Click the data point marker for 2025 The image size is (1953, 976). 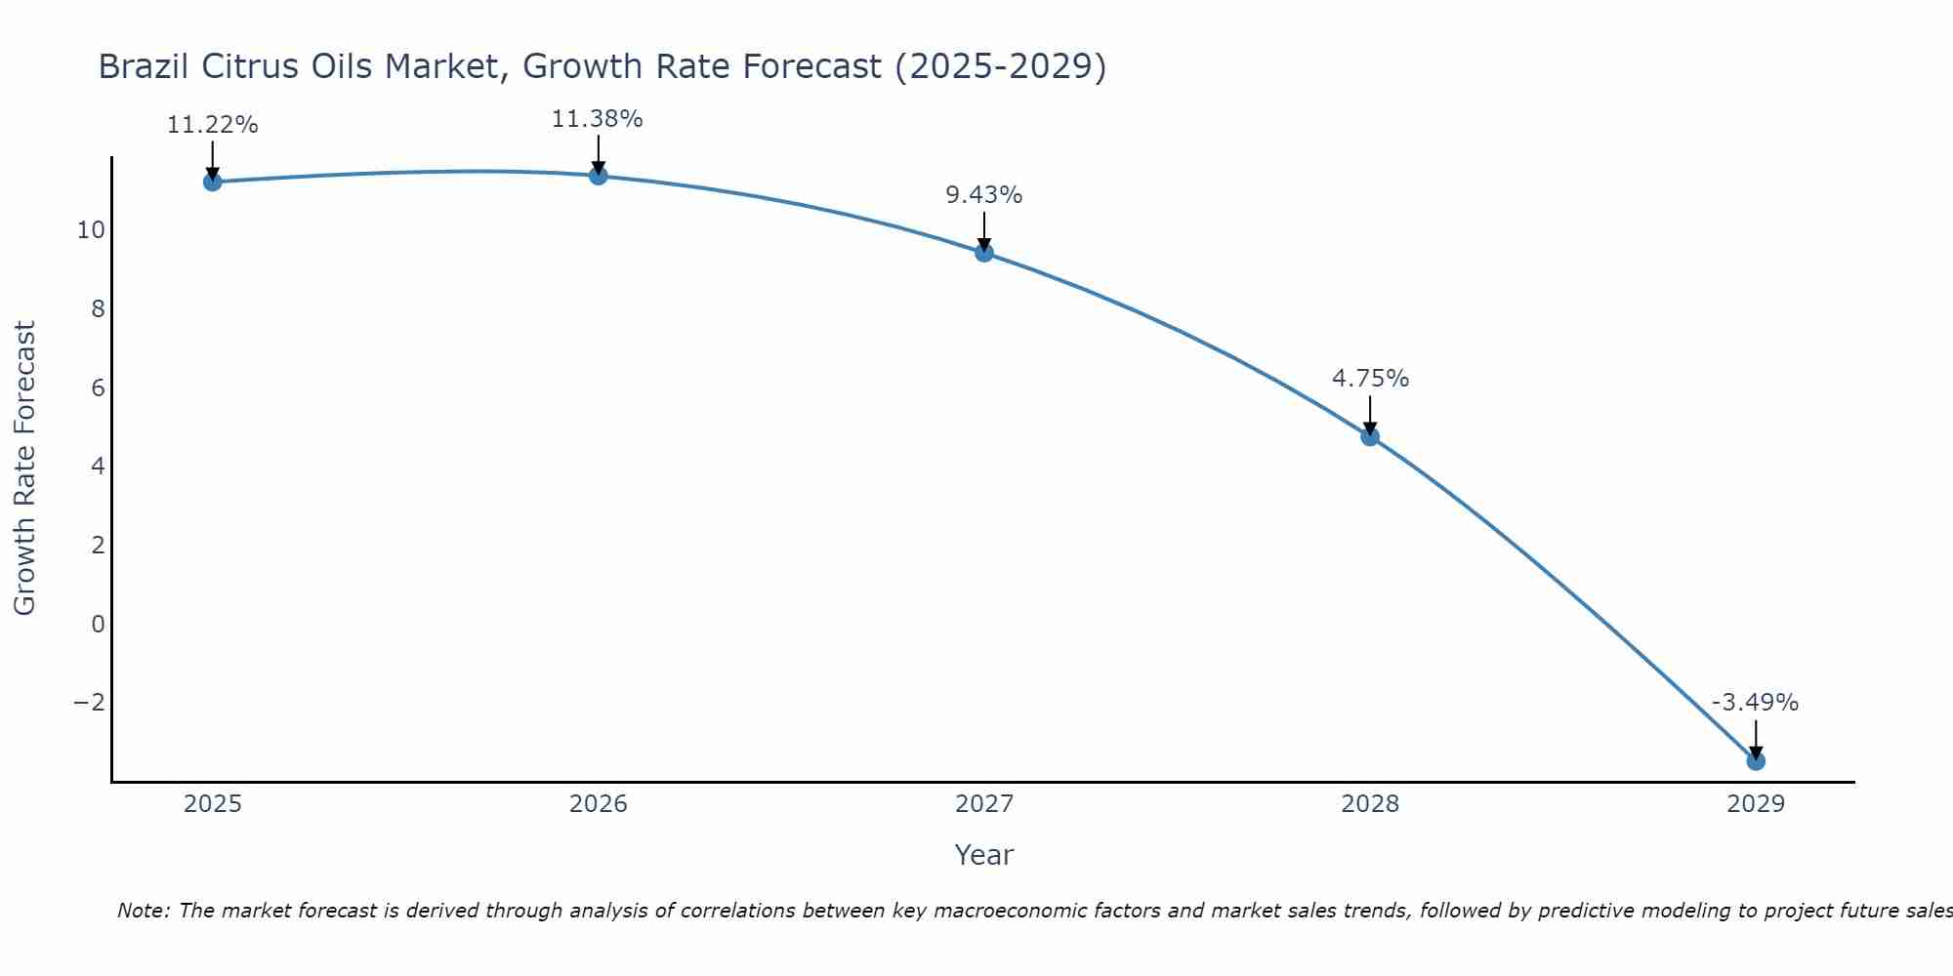212,182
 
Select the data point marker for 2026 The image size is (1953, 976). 599,176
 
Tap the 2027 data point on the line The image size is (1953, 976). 984,253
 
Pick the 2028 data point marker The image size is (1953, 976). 1370,436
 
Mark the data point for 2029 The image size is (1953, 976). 1756,760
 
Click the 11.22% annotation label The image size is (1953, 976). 212,125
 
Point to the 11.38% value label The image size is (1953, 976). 597,119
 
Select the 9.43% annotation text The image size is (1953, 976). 983,195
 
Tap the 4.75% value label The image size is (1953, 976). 1370,379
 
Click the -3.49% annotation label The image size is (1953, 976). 1755,703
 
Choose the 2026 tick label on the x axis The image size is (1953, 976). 599,804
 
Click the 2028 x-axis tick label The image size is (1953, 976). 1370,804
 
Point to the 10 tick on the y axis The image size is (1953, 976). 91,230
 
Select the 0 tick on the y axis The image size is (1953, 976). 98,624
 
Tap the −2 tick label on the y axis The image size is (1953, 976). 89,703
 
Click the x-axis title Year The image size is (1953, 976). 983,855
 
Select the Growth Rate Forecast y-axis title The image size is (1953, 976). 24,468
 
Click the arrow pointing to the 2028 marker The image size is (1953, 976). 1370,415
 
